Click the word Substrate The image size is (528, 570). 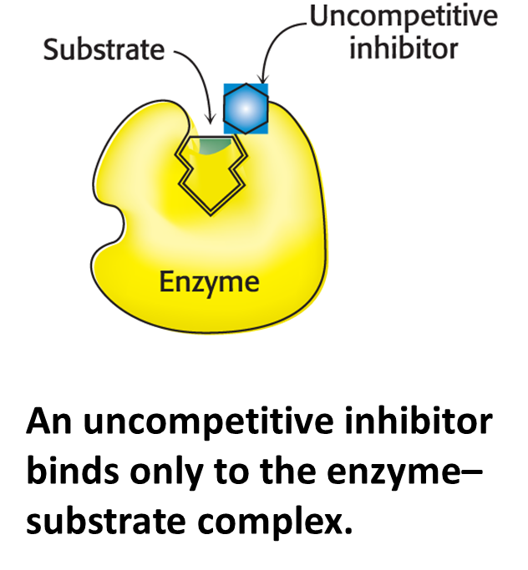[x=104, y=49]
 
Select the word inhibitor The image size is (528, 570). [x=404, y=48]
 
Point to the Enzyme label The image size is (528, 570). [x=209, y=281]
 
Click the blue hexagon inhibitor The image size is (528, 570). [x=246, y=108]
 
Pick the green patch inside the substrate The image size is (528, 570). [x=215, y=147]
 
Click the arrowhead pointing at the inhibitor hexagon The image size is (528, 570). [x=261, y=78]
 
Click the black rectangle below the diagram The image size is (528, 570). [x=264, y=455]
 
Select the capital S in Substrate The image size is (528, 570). [x=51, y=49]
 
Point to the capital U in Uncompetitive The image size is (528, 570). [x=318, y=17]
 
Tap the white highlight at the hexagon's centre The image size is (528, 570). [x=245, y=105]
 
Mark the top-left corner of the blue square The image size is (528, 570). [x=225, y=84]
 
